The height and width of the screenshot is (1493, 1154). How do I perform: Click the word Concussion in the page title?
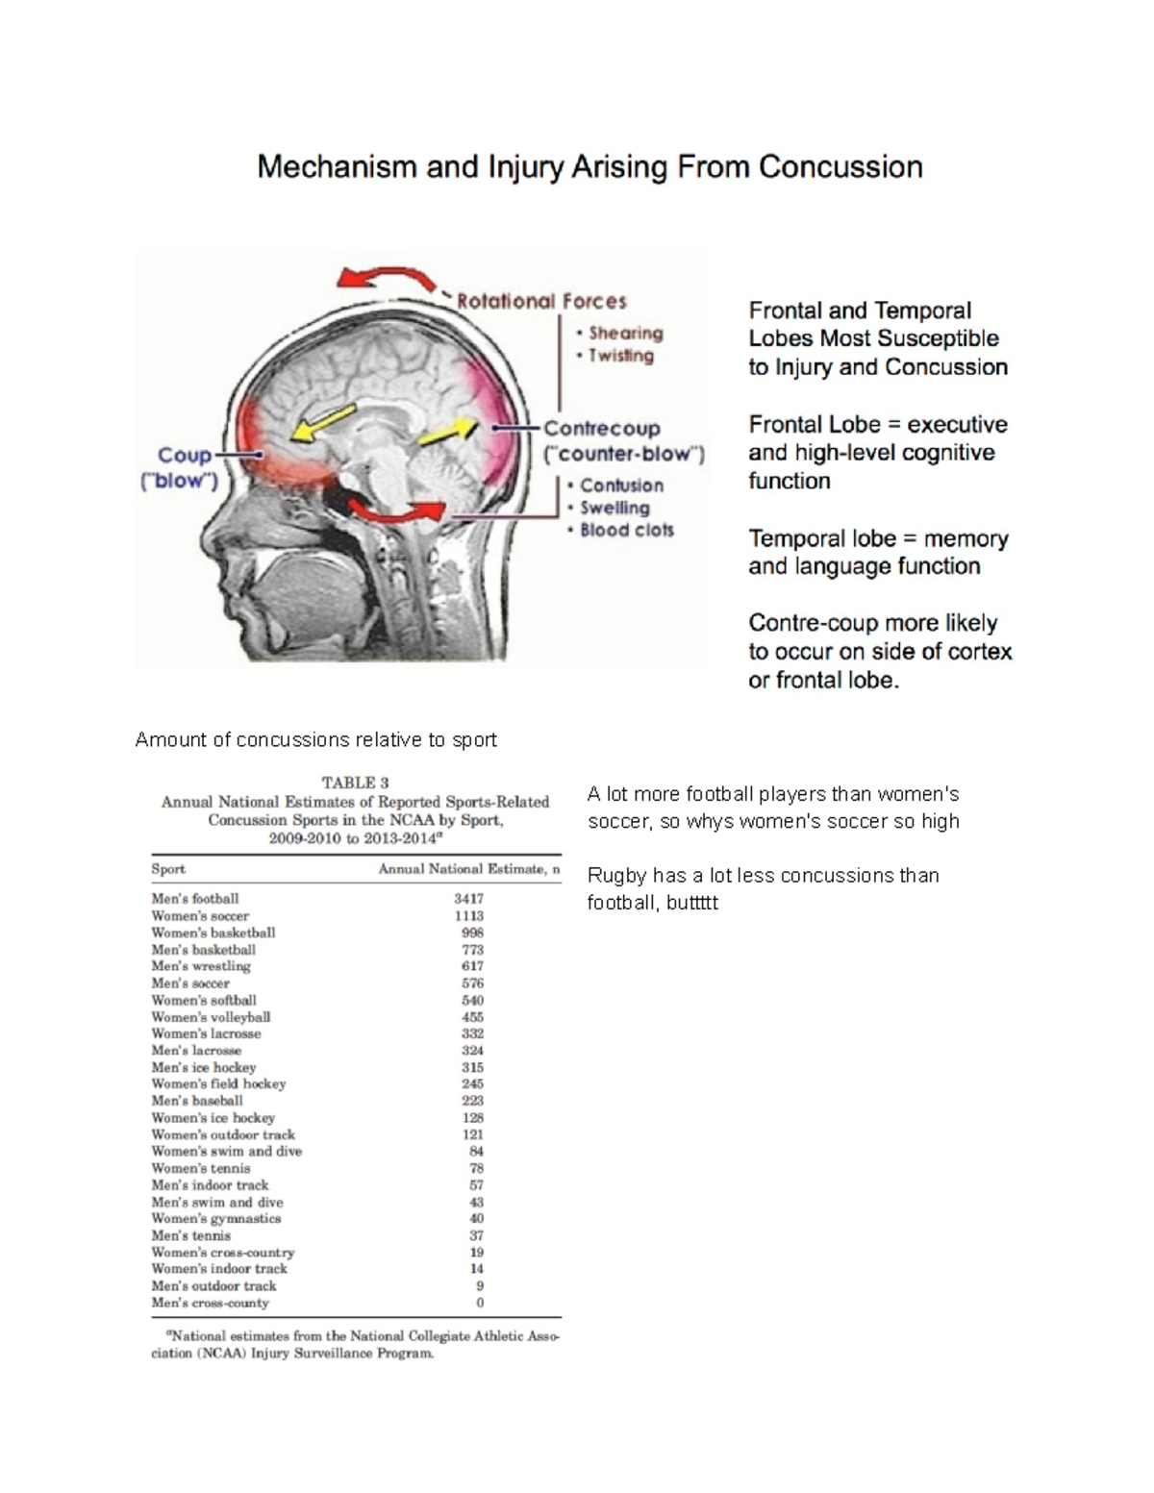coord(840,167)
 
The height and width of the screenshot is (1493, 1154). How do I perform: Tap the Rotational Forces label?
coord(541,302)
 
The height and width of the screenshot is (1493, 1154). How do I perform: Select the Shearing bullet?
coord(625,334)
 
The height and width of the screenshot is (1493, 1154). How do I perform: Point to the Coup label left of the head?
coord(185,455)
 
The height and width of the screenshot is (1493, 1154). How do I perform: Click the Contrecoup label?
coord(602,429)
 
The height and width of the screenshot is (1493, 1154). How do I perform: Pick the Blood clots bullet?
coord(626,530)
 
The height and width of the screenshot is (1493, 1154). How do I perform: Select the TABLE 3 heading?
coord(355,783)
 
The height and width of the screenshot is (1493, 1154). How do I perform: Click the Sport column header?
coord(168,869)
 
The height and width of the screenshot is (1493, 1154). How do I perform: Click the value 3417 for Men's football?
coord(468,899)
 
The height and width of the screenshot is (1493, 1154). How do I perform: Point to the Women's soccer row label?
coord(200,916)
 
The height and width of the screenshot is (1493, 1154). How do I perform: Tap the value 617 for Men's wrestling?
coord(471,966)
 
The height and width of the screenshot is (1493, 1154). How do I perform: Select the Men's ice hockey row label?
coord(204,1067)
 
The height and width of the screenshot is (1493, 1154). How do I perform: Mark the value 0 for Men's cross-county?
coord(479,1303)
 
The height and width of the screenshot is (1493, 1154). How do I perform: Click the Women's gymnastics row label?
coord(216,1219)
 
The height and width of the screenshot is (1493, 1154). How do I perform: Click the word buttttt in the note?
coord(690,903)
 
